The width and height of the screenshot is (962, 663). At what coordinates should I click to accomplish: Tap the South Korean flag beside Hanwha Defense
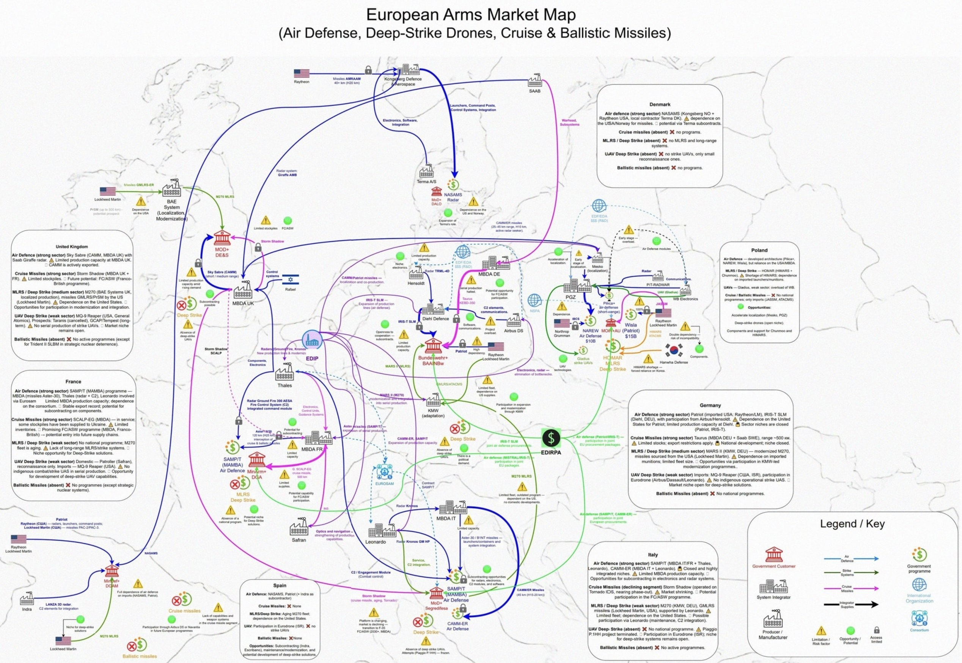click(673, 350)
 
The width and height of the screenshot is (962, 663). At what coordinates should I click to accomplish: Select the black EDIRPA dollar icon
click(551, 438)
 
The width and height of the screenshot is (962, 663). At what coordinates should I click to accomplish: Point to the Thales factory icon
click(285, 372)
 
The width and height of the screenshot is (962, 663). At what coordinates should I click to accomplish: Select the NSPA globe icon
click(534, 300)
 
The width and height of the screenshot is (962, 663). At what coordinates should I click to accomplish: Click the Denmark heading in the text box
click(660, 104)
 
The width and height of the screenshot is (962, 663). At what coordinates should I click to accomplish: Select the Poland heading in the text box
click(759, 250)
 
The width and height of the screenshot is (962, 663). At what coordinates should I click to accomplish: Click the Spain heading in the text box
click(280, 586)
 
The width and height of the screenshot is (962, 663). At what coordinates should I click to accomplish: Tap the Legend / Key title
click(852, 524)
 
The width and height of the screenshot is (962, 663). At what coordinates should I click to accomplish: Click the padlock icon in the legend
click(876, 630)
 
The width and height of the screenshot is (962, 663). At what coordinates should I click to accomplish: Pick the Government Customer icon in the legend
click(773, 554)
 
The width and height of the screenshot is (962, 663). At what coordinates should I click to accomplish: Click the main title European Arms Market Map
click(471, 14)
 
